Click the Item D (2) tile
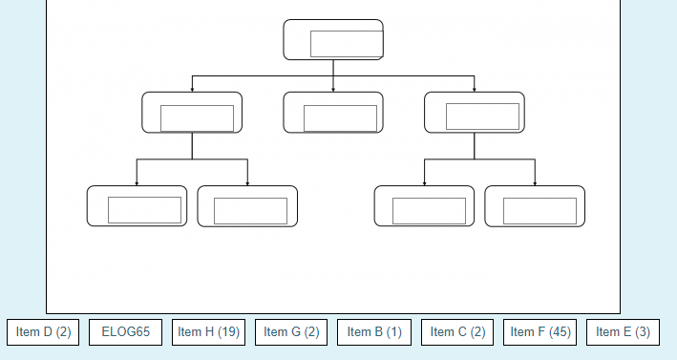(44, 332)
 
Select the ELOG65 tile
(126, 332)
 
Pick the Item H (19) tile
(208, 332)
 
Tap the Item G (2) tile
(291, 332)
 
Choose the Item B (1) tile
(374, 332)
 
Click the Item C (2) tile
(457, 332)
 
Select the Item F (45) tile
(540, 332)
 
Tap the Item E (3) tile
(623, 332)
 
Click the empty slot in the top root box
(347, 44)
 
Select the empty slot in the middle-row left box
(197, 117)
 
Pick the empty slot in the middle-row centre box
(340, 117)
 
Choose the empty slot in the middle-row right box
(482, 116)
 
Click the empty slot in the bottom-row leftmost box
(144, 210)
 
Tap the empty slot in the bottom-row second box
(250, 211)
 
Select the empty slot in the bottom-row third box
(429, 211)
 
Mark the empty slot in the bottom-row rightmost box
(539, 211)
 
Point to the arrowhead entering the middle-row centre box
(333, 90)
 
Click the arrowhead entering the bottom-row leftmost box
(137, 183)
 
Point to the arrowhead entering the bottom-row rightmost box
(535, 183)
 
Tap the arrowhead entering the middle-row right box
(475, 90)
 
